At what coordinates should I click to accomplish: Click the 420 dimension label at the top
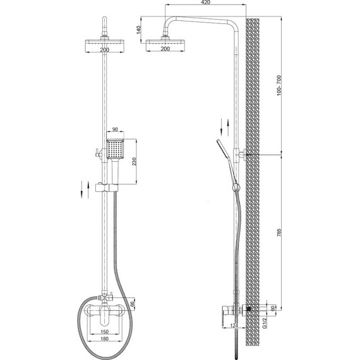click(205, 3)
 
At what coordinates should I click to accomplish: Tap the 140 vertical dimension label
click(139, 30)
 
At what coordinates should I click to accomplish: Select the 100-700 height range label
click(279, 85)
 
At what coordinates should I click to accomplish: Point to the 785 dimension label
click(279, 232)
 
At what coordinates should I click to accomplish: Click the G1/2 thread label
click(265, 323)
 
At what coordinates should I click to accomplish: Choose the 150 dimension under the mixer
click(104, 332)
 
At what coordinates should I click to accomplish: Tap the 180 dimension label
click(104, 339)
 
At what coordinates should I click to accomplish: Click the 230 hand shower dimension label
click(135, 162)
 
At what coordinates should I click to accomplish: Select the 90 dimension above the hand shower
click(115, 129)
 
